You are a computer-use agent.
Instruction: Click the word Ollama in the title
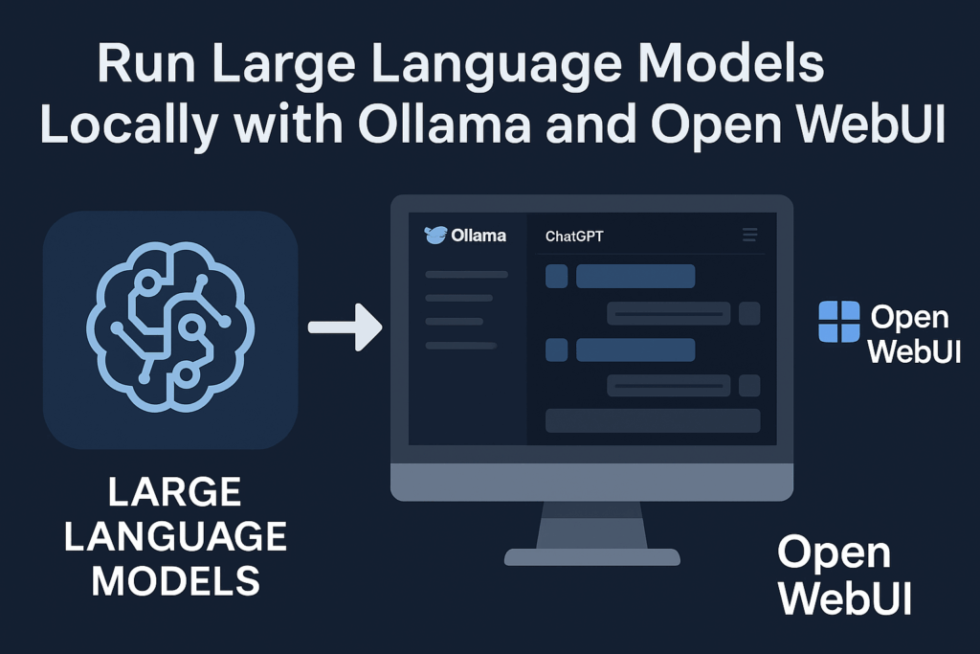click(x=444, y=124)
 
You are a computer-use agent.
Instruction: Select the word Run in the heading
click(x=146, y=63)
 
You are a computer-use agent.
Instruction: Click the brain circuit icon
click(x=170, y=327)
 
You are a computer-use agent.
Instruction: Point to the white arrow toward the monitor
click(x=345, y=327)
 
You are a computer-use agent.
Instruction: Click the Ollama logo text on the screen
click(x=479, y=236)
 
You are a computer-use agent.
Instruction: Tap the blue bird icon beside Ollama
click(x=435, y=236)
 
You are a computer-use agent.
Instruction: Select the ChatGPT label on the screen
click(x=574, y=237)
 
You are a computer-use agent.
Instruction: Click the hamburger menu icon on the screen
click(x=749, y=235)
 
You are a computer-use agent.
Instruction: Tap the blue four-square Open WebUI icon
click(x=839, y=322)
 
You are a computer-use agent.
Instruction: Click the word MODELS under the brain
click(x=176, y=581)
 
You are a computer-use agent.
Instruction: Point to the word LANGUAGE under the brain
click(x=176, y=536)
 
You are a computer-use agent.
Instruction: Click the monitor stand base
click(x=591, y=557)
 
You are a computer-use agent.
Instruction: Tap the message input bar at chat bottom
click(x=653, y=420)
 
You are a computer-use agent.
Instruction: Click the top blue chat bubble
click(x=635, y=277)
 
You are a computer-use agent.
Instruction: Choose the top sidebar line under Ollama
click(x=466, y=275)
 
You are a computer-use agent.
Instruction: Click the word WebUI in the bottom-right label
click(x=845, y=598)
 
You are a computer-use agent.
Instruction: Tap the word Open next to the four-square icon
click(x=909, y=318)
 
